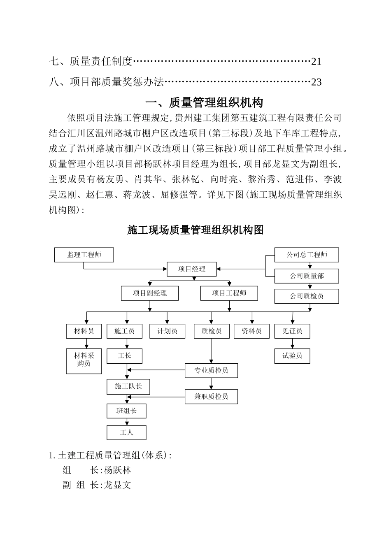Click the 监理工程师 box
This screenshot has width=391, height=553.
click(84, 255)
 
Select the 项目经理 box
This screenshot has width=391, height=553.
click(192, 269)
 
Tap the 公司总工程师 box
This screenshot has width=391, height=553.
click(307, 255)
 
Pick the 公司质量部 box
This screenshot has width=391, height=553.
click(307, 276)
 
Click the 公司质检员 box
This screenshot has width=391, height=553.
click(307, 296)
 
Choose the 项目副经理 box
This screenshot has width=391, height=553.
click(150, 293)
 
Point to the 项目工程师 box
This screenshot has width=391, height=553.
click(229, 293)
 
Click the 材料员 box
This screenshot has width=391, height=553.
click(84, 331)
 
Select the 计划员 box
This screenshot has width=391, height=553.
click(167, 331)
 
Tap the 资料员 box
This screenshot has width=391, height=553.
click(251, 331)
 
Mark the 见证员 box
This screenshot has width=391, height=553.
click(292, 331)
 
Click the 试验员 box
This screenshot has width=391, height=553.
click(292, 356)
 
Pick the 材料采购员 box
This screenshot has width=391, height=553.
click(84, 361)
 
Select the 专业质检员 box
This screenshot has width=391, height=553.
click(211, 371)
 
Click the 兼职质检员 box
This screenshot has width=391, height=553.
click(211, 397)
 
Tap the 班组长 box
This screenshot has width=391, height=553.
click(126, 411)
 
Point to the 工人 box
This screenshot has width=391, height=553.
click(126, 433)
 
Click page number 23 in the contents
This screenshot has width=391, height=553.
click(316, 82)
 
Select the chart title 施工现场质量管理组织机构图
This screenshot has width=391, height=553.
click(195, 230)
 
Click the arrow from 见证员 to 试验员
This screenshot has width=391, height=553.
click(292, 344)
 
